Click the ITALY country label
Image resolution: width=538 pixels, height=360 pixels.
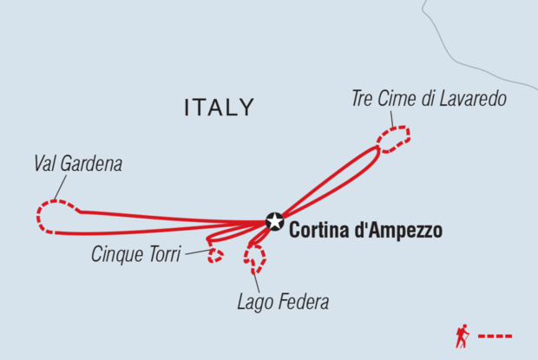[220, 108]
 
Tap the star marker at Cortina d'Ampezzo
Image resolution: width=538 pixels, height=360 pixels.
[275, 221]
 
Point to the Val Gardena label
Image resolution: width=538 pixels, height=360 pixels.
[78, 163]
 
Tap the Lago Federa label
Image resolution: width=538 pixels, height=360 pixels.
[283, 303]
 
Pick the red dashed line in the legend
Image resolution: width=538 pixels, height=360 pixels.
[496, 336]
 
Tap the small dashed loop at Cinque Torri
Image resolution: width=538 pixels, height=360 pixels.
[215, 255]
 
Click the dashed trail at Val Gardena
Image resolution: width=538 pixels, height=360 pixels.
[49, 214]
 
